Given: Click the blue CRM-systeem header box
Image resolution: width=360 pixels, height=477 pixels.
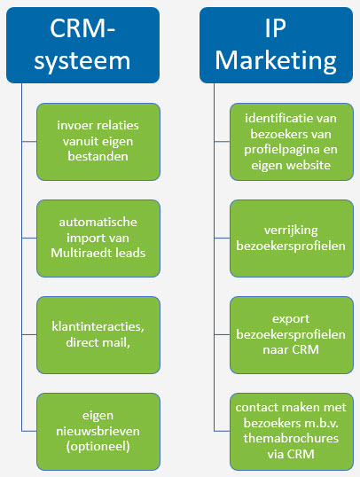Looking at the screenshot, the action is coord(82,45).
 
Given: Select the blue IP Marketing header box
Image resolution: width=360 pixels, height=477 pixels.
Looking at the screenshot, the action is coord(276,45).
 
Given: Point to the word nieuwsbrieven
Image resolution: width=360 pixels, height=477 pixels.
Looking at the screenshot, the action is coord(98,431).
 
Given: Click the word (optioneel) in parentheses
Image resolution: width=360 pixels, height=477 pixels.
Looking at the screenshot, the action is coord(98,447).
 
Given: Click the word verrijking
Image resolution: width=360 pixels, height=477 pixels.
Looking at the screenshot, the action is coord(291,231).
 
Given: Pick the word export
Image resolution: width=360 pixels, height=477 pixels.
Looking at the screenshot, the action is coord(291,319).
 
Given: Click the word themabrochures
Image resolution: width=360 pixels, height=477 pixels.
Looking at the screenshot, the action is coord(291,438).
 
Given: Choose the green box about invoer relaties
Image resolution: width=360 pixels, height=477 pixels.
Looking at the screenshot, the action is coord(98,142).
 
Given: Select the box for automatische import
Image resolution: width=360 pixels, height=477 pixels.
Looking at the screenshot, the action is coord(98,238).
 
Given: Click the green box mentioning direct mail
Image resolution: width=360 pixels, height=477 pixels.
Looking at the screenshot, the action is coord(98,335).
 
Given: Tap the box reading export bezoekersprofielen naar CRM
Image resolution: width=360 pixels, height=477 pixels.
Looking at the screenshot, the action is coord(292,335).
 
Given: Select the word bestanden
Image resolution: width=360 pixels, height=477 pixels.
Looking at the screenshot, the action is coord(98,156).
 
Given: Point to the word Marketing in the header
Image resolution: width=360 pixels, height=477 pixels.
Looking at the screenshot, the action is coord(276,60).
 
